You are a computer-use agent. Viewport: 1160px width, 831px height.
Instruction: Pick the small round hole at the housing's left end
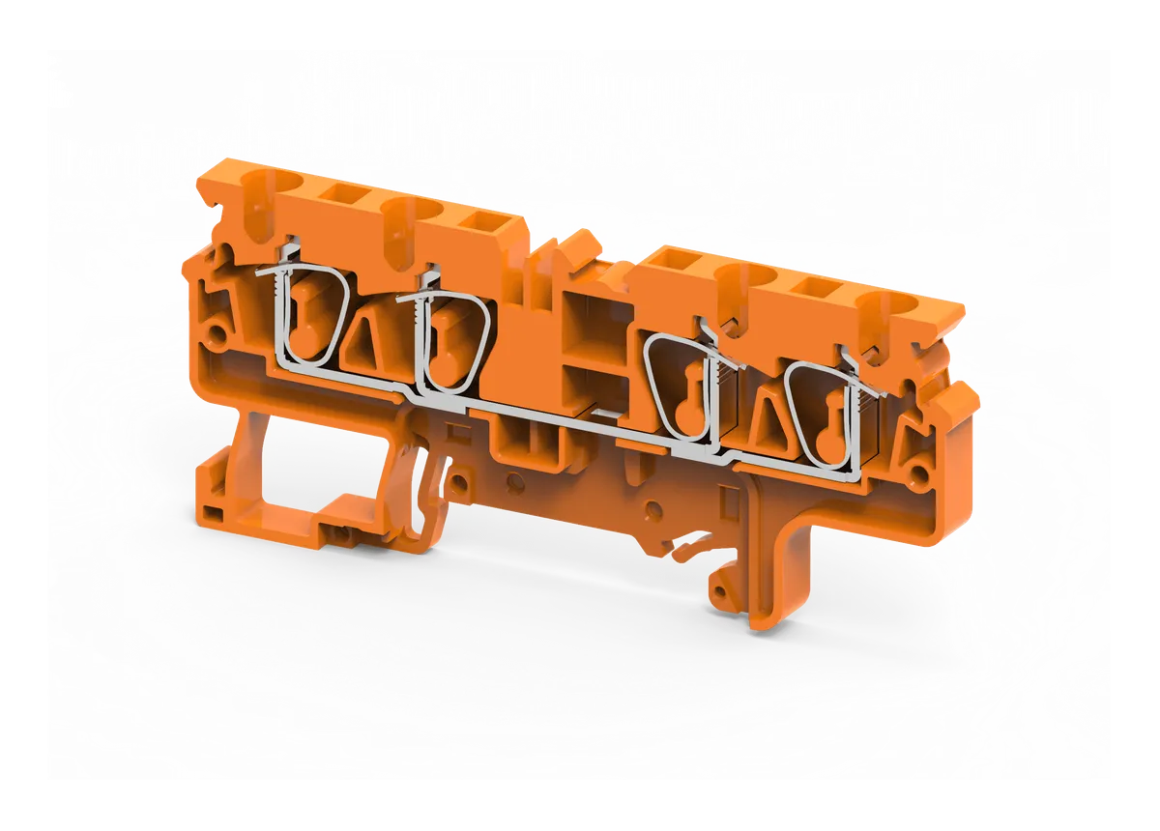coord(219,335)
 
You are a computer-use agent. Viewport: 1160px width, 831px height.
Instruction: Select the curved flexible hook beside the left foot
coord(428,502)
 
